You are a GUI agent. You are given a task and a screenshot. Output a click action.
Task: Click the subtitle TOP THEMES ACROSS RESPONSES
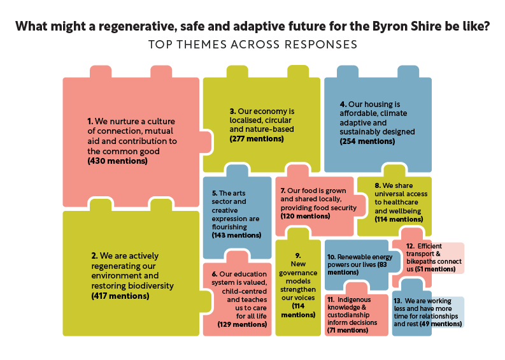[252, 45]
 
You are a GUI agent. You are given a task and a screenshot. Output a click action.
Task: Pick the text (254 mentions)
[367, 141]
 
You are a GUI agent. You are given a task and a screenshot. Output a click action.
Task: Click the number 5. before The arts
[215, 193]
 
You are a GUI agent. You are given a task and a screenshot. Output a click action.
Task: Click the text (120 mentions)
[305, 216]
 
